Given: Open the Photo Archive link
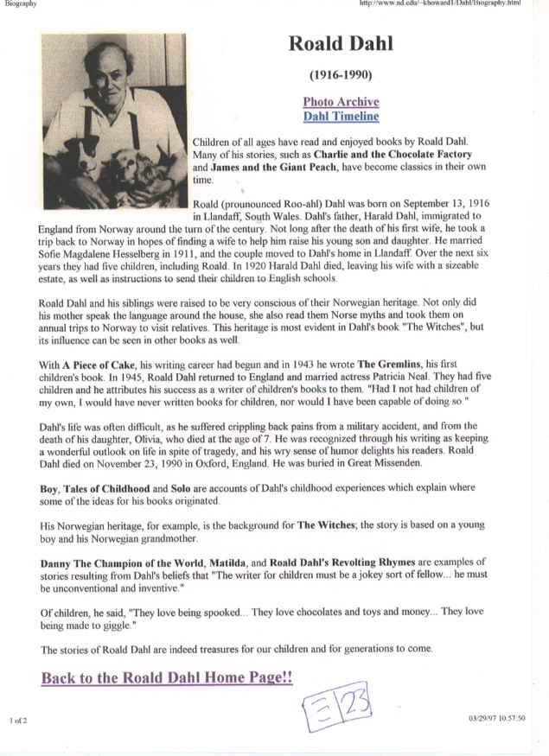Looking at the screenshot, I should (341, 102).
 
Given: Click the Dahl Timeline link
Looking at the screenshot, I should (341, 117).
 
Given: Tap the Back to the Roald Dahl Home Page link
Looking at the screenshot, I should (167, 677).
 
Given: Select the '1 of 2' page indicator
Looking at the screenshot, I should (20, 719).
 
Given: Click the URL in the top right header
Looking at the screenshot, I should (455, 3).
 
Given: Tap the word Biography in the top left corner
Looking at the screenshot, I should (19, 3).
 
